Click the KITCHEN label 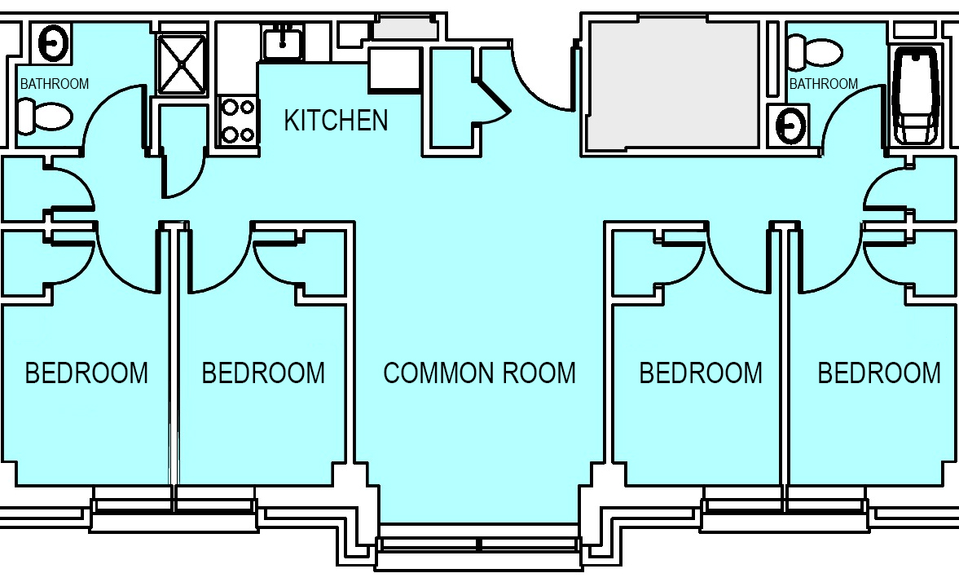336,120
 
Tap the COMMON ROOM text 479,373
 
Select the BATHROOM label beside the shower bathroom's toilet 55,83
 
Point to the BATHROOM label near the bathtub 823,83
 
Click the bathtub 915,96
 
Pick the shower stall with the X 182,64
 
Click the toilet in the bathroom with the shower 43,117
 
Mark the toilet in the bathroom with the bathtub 814,52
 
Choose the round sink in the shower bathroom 53,42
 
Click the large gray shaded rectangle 673,83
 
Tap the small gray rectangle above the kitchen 406,29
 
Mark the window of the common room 478,544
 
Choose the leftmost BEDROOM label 87,373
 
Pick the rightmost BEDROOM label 879,373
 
